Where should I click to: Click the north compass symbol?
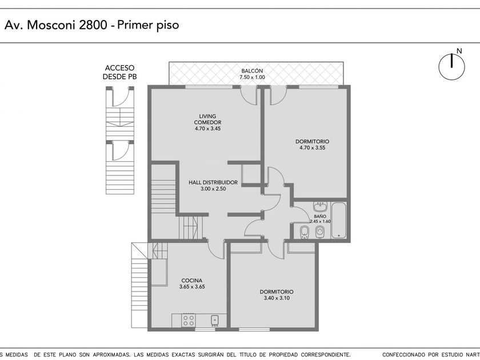(x=451, y=66)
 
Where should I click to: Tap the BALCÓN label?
(x=252, y=71)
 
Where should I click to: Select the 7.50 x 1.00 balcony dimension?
(x=252, y=77)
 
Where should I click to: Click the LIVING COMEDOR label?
(x=207, y=119)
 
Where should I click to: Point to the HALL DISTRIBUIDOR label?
(x=213, y=182)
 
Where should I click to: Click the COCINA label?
(x=191, y=281)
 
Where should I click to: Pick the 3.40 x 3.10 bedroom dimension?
(x=277, y=298)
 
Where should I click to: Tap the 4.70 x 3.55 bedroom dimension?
(x=312, y=147)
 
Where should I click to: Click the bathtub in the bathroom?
(x=339, y=219)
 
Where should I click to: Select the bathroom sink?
(x=320, y=206)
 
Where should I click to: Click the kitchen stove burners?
(x=188, y=320)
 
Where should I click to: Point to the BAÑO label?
(x=320, y=216)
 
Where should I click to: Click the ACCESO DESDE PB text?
(x=119, y=72)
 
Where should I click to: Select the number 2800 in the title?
(x=93, y=25)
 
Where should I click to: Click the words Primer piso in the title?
(x=148, y=25)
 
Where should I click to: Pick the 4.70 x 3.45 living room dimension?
(x=207, y=129)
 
